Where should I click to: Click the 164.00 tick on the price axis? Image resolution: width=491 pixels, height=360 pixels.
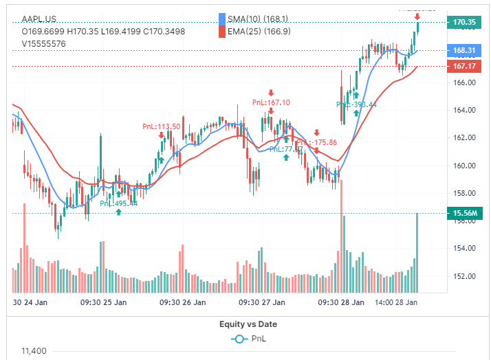tap(465, 110)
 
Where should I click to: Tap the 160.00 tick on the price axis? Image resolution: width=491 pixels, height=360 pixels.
tap(465, 166)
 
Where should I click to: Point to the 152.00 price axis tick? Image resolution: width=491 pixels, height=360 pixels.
tap(465, 276)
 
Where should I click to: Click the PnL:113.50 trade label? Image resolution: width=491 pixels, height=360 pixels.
tap(161, 126)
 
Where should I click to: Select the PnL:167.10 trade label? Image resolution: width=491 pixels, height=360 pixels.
tap(271, 102)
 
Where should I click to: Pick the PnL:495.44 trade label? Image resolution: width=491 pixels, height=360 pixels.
tap(118, 203)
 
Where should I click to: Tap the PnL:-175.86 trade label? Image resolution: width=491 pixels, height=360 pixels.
tap(316, 142)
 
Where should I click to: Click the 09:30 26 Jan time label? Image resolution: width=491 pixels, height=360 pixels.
tap(182, 302)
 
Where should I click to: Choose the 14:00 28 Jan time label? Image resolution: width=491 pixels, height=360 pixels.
tap(397, 302)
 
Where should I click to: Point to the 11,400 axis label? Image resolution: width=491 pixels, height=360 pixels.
tap(34, 351)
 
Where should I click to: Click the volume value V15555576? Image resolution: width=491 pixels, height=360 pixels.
tap(43, 43)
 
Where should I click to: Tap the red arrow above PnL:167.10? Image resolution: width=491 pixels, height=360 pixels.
tap(272, 92)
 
